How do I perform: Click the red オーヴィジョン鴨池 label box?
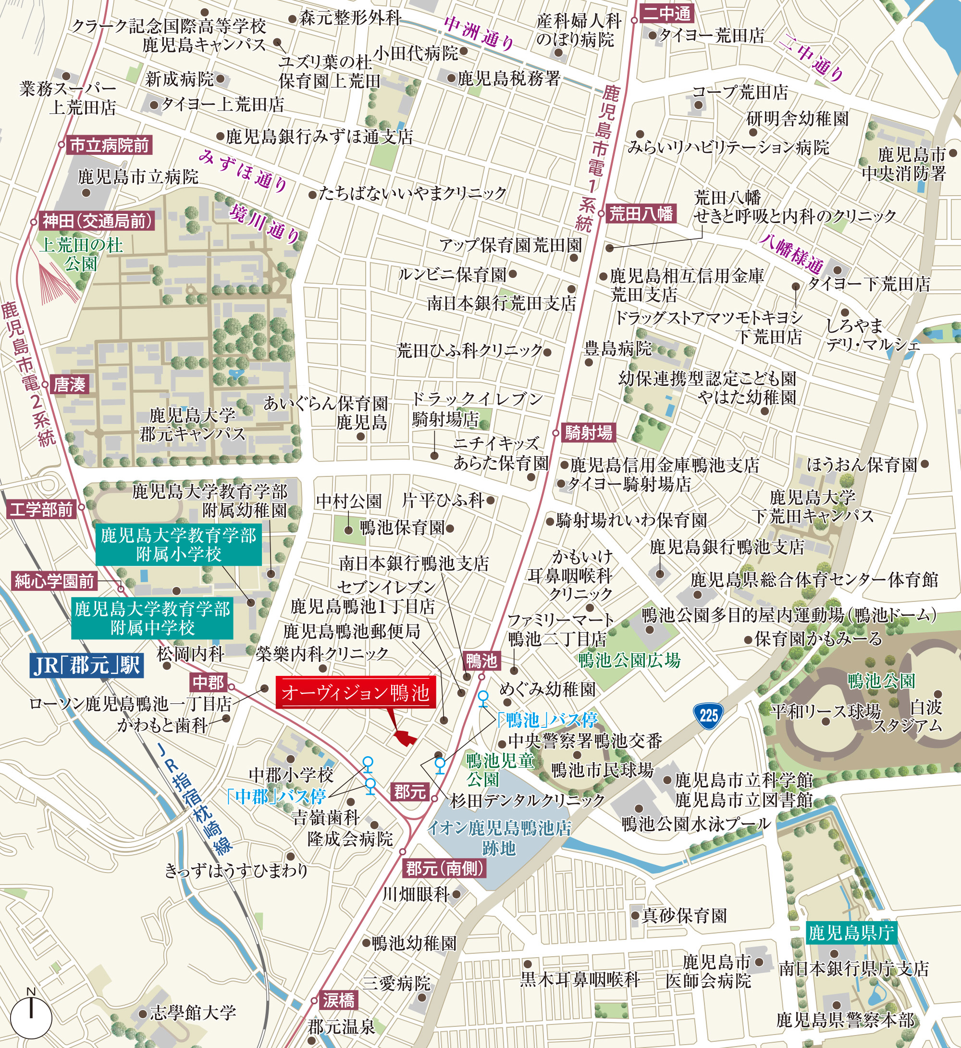[x=355, y=693]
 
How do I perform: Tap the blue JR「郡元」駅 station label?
[x=86, y=664]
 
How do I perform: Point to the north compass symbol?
[x=31, y=1015]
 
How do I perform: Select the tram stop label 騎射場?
[x=589, y=432]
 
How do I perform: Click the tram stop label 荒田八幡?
[x=641, y=214]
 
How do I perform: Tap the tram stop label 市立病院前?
[x=109, y=145]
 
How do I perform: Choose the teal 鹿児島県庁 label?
[x=850, y=933]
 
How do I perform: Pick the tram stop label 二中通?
[x=667, y=14]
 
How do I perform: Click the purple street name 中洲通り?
[x=479, y=33]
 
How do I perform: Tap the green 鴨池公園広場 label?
[x=629, y=661]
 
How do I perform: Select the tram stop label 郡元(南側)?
[x=444, y=868]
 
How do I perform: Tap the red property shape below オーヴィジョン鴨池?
[x=406, y=737]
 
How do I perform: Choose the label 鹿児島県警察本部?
[x=845, y=1019]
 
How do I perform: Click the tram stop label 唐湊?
[x=70, y=385]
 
